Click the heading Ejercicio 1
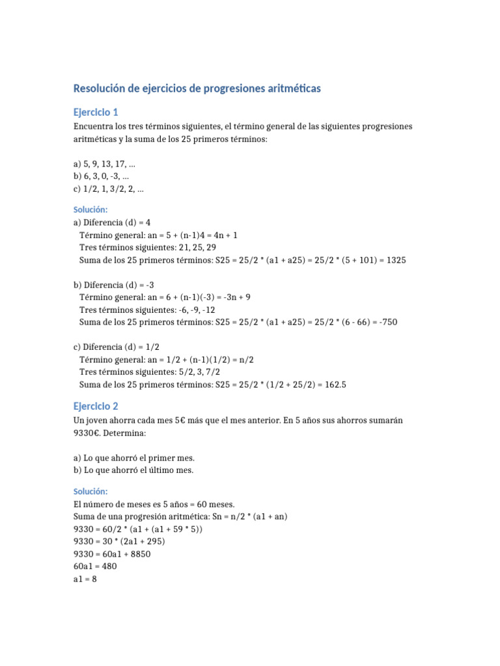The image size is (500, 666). (x=96, y=112)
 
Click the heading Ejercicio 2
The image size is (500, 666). (x=96, y=406)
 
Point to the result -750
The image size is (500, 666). (x=385, y=322)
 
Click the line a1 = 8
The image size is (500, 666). (x=85, y=578)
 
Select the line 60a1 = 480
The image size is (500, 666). (x=95, y=566)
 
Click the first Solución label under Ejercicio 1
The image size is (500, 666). (x=90, y=209)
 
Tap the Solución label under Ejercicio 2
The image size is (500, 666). (x=90, y=491)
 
